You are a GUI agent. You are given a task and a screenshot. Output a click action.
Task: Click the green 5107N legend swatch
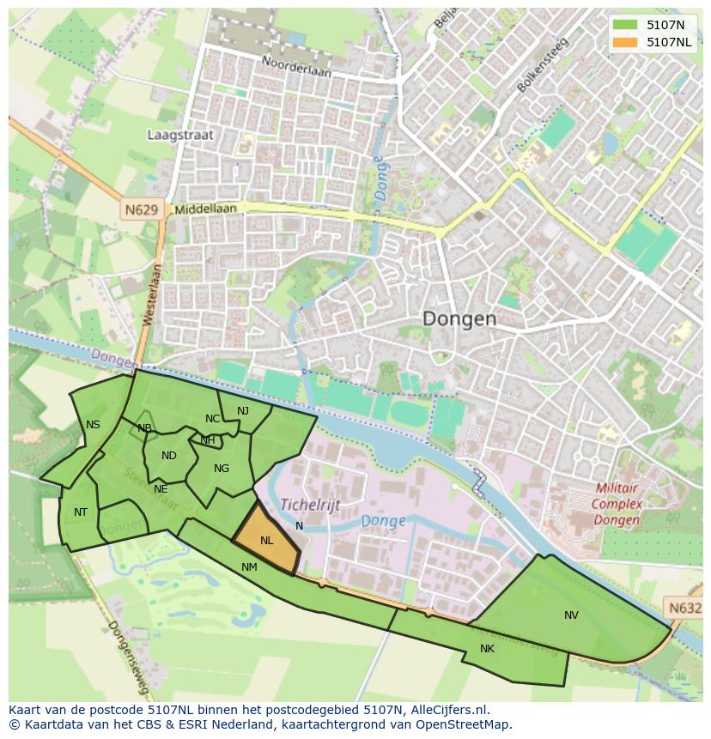click(625, 25)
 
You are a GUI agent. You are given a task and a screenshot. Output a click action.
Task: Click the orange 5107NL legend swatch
click(625, 42)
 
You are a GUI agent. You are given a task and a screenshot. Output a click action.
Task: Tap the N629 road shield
click(140, 209)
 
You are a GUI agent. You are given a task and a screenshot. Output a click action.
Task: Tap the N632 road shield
click(685, 608)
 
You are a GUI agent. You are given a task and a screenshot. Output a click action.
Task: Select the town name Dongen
click(459, 318)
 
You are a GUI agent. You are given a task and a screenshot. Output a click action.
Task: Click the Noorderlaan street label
click(296, 69)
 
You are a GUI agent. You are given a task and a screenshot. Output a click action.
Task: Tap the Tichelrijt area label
click(310, 505)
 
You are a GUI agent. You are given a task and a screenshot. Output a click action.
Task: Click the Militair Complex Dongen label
click(617, 504)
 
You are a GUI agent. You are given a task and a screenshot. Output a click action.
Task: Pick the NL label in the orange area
click(266, 541)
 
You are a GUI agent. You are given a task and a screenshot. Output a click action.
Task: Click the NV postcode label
click(571, 615)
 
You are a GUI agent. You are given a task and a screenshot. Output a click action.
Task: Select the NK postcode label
click(487, 649)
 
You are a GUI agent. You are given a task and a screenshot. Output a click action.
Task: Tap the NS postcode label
click(93, 425)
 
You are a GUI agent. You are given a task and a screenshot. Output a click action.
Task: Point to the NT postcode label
click(81, 512)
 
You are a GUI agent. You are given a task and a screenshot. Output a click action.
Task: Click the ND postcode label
click(168, 456)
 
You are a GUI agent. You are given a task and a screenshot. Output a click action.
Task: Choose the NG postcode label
click(222, 469)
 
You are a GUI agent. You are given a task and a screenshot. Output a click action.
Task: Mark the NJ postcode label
click(243, 411)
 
